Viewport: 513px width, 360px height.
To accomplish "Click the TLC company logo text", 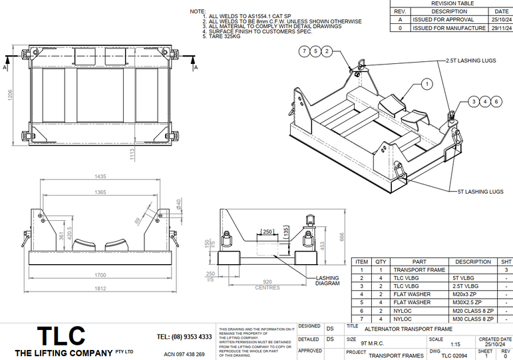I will (61, 335).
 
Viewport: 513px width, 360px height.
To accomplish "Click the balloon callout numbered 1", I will (427, 84).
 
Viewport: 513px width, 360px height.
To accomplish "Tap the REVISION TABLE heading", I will (452, 3).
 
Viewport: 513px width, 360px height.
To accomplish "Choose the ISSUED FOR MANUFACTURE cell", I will (449, 29).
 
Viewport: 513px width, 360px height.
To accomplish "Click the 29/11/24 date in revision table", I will (501, 29).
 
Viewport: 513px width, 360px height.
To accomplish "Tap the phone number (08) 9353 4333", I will (184, 337).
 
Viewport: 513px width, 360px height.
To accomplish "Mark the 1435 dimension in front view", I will (100, 176).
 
